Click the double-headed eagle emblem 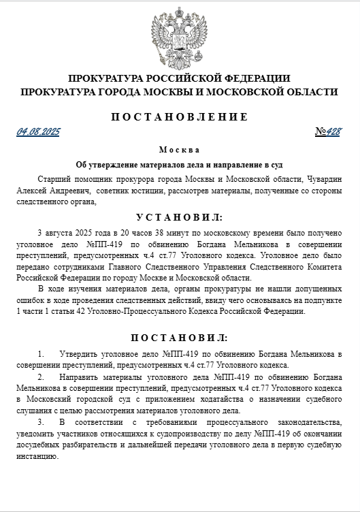pyautogui.click(x=180, y=35)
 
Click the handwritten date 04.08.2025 pyautogui.click(x=39, y=131)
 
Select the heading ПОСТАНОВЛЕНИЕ pyautogui.click(x=180, y=116)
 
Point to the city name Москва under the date pyautogui.click(x=180, y=150)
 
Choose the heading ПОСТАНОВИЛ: pyautogui.click(x=180, y=338)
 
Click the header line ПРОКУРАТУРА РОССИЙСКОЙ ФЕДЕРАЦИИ pyautogui.click(x=180, y=78)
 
